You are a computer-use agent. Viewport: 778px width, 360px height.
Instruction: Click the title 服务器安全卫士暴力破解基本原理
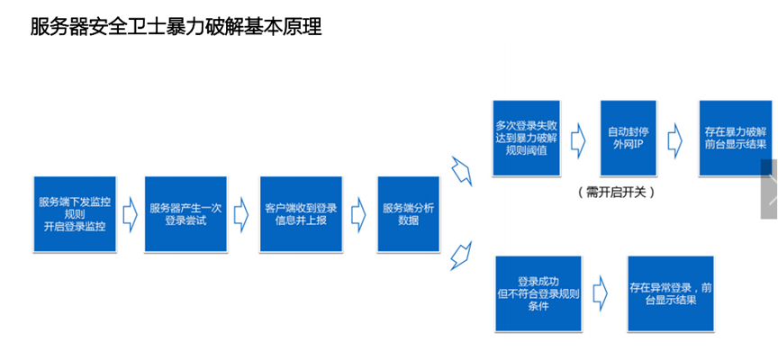tap(176, 27)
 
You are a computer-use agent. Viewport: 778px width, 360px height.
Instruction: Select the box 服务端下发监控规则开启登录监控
tap(75, 214)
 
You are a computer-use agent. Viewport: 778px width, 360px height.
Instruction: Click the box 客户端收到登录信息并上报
tap(302, 214)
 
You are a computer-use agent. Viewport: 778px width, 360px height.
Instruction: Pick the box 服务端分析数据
tap(408, 214)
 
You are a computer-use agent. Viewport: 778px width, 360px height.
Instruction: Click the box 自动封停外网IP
tap(627, 138)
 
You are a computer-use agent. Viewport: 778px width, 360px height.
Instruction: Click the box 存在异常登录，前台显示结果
tap(671, 293)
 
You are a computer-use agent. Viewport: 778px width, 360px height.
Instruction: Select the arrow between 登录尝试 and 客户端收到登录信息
tap(240, 214)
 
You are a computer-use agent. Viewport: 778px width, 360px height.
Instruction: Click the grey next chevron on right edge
tap(770, 189)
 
